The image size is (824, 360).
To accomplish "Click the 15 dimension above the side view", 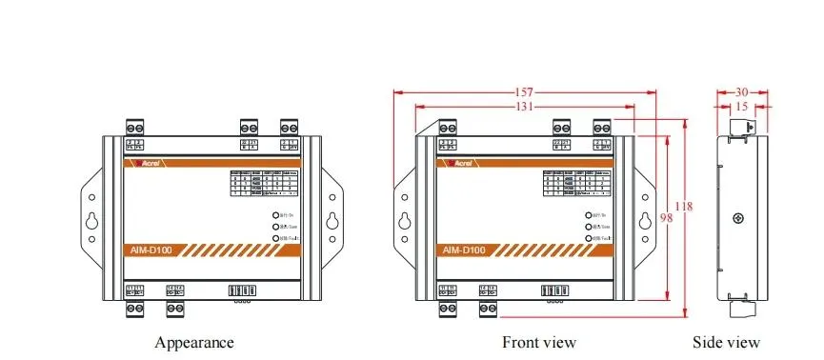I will pos(740,107).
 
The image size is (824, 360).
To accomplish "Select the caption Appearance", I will pos(193,342).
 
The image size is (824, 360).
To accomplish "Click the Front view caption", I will pos(539,342).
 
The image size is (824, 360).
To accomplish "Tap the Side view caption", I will pos(740,342).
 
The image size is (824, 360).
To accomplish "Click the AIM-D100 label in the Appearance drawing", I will pos(151,250).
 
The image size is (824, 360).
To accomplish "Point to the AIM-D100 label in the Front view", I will pos(464,250).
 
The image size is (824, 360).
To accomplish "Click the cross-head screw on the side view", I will pos(738,220).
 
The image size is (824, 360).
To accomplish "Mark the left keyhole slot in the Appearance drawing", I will pos(90,220).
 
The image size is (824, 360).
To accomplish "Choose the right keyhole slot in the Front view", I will pos(645,220).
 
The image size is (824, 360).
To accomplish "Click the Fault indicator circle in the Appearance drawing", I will pos(276,238).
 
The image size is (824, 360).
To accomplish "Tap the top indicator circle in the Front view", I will pos(589,216).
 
